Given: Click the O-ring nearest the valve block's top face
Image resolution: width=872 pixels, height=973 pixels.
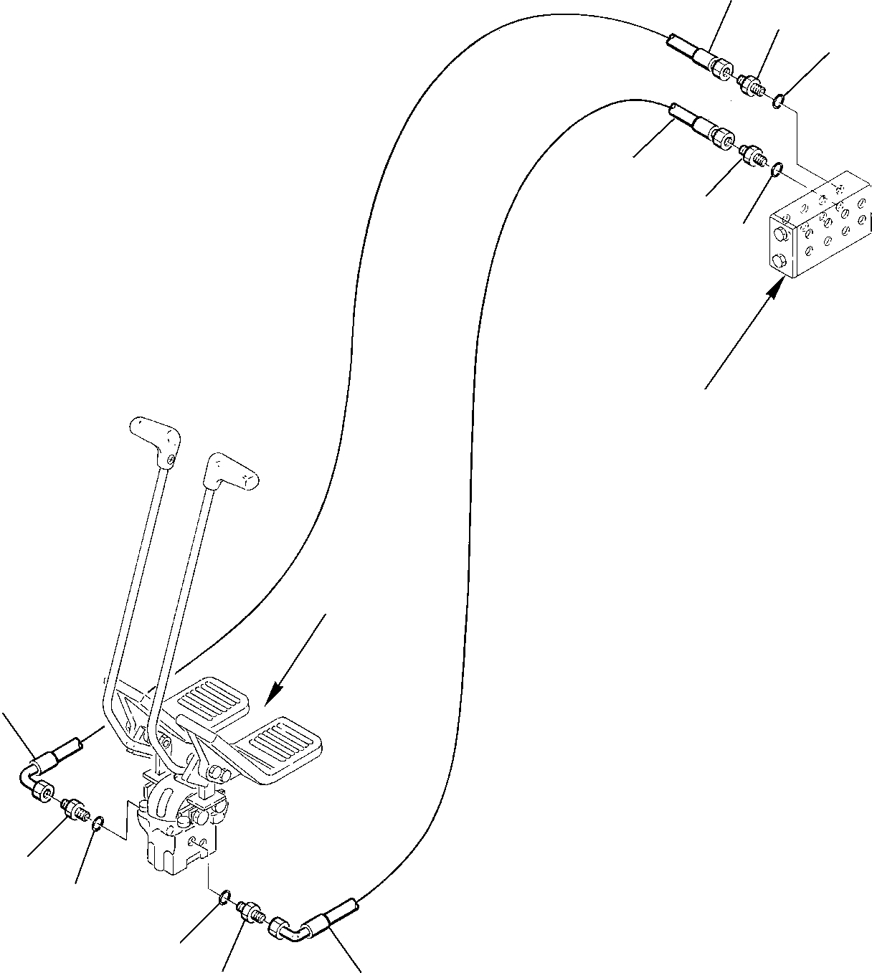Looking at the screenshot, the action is tap(776, 169).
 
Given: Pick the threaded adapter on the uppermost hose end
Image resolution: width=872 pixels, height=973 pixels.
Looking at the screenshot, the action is tap(752, 85).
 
